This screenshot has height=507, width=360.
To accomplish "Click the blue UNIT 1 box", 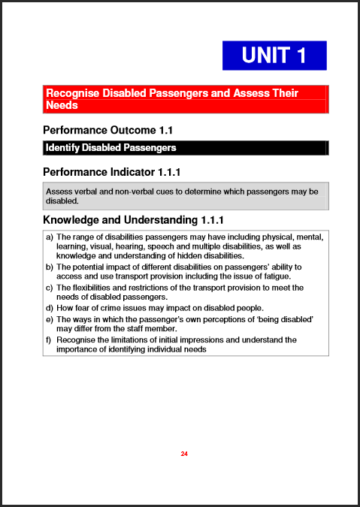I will pyautogui.click(x=274, y=56).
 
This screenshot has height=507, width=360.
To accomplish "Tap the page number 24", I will pyautogui.click(x=184, y=454).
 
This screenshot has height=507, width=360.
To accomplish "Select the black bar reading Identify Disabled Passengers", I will pyautogui.click(x=186, y=148).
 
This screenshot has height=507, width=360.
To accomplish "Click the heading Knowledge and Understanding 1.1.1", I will pyautogui.click(x=133, y=220).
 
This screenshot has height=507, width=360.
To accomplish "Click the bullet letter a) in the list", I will pyautogui.click(x=50, y=237).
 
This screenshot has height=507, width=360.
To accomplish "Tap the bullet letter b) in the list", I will pyautogui.click(x=50, y=267).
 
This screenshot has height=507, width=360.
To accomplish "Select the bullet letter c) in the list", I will pyautogui.click(x=50, y=288).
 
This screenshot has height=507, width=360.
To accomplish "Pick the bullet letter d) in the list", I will pyautogui.click(x=50, y=308).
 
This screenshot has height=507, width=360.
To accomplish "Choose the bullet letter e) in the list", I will pyautogui.click(x=50, y=319).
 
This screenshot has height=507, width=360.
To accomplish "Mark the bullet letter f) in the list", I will pyautogui.click(x=50, y=340).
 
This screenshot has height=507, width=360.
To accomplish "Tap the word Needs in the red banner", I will pyautogui.click(x=62, y=105).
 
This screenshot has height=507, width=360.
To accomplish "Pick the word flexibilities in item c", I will pyautogui.click(x=94, y=288).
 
